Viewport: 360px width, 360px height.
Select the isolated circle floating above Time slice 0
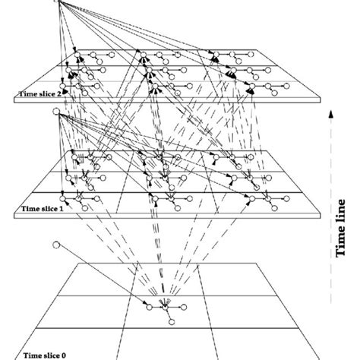[x=55, y=245]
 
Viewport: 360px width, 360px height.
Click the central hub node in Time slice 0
[x=164, y=307]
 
